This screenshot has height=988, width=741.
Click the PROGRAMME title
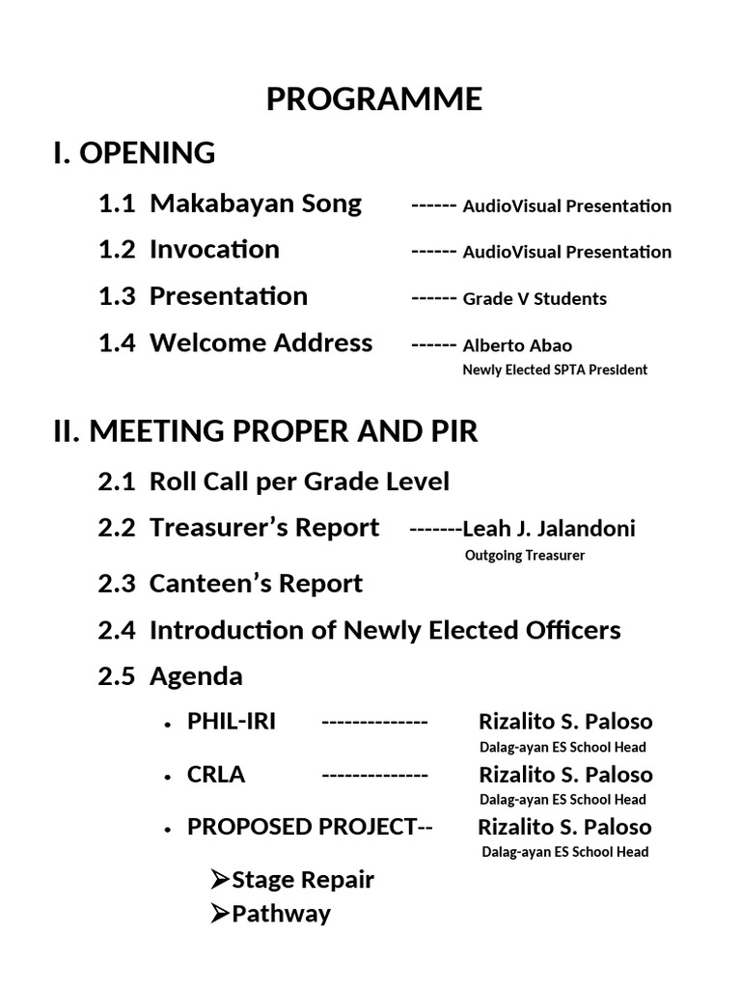(374, 99)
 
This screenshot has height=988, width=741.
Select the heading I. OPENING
(134, 152)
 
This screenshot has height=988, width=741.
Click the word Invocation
(214, 249)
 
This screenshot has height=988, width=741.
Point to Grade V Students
(535, 299)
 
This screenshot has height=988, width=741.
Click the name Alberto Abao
(517, 345)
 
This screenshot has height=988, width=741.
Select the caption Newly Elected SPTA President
(555, 370)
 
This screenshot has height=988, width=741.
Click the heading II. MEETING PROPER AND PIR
(265, 431)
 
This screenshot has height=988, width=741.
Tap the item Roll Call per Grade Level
(299, 480)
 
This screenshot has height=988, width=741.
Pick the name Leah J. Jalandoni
(549, 529)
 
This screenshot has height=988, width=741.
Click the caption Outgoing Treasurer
(525, 555)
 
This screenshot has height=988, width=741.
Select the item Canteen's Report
(256, 584)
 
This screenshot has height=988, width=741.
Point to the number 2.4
(117, 631)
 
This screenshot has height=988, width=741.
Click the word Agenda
(196, 676)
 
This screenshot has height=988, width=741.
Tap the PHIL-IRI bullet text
(232, 722)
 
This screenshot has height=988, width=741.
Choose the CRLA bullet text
(216, 775)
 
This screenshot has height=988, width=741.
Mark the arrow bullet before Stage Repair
(220, 879)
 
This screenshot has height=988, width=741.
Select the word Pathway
(281, 914)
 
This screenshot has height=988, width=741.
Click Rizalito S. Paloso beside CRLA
(565, 775)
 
